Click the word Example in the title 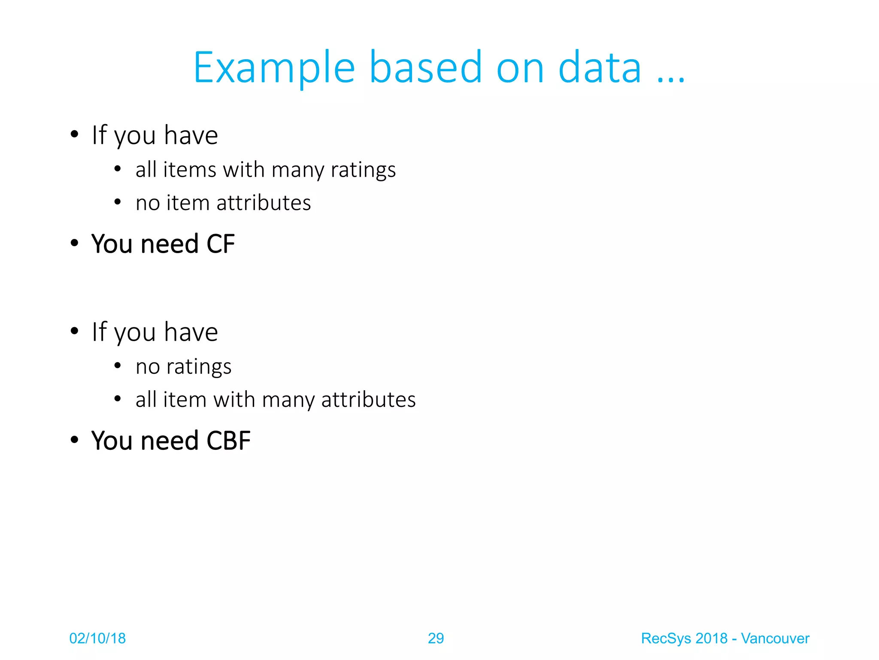tap(274, 68)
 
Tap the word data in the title tap(600, 68)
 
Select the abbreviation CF tap(221, 244)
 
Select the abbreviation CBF tap(228, 441)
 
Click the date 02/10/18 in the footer tap(97, 639)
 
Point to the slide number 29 tap(436, 639)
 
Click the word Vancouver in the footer tap(775, 639)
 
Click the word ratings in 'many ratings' tap(363, 170)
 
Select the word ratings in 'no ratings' tap(199, 367)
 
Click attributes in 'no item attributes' tap(264, 203)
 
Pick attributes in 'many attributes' tap(368, 400)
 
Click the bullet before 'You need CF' tap(75, 243)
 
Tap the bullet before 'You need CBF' tap(75, 440)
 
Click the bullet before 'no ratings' tap(118, 366)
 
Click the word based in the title tap(425, 68)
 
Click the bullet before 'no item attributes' tap(118, 202)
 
